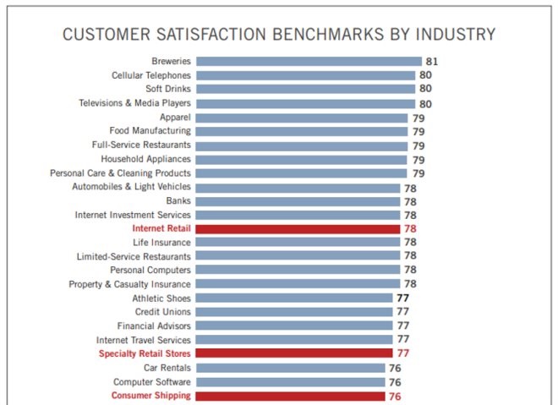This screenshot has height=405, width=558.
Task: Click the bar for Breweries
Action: tap(309, 61)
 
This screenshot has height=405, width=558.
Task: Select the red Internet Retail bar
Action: tap(298, 228)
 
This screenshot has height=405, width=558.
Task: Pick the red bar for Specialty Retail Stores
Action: tap(294, 353)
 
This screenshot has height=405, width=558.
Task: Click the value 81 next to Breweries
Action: tap(432, 61)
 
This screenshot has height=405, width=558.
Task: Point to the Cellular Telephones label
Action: tap(151, 75)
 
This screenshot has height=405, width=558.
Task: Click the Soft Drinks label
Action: tap(167, 89)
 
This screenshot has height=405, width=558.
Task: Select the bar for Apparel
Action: tap(302, 117)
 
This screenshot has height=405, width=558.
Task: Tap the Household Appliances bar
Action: tap(302, 159)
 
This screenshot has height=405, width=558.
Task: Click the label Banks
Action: tap(178, 201)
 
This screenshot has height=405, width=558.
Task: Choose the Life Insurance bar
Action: tap(298, 242)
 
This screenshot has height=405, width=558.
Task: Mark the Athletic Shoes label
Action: tap(161, 298)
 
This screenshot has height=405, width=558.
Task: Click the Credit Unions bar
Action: tap(294, 312)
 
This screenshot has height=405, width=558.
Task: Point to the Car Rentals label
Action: tap(167, 368)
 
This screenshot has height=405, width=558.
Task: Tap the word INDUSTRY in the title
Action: tap(452, 35)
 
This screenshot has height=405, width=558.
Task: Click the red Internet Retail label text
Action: tap(161, 228)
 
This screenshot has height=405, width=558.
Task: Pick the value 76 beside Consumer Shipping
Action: tap(395, 396)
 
